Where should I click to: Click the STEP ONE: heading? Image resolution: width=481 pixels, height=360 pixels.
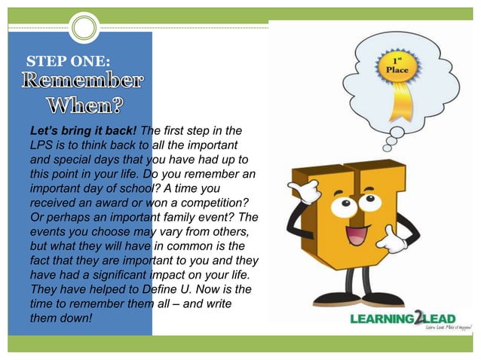point(68,60)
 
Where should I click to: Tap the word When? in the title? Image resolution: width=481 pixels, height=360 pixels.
point(84,104)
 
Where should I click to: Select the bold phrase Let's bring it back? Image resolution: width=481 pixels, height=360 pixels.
point(84,130)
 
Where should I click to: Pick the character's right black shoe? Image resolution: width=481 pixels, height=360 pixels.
point(381,300)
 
